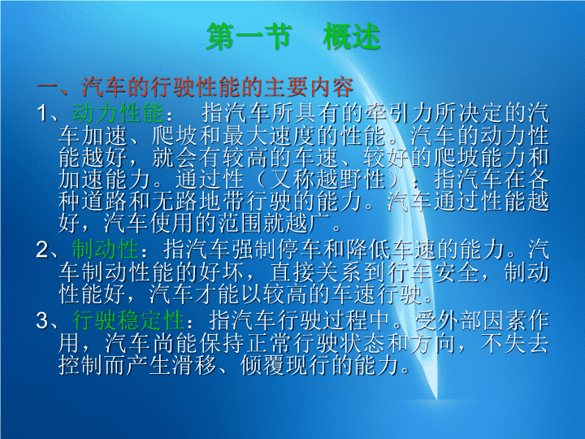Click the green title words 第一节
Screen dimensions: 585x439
tap(249, 37)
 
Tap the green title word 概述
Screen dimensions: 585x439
tap(352, 37)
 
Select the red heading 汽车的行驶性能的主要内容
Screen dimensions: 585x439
tap(218, 87)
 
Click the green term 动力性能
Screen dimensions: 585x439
tap(118, 113)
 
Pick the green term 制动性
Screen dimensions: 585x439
tap(105, 250)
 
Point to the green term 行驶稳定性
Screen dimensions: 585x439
tap(128, 320)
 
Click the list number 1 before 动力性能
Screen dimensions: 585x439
tap(42, 113)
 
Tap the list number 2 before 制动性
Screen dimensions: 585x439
tap(42, 250)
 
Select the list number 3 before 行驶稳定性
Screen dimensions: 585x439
tap(42, 320)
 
